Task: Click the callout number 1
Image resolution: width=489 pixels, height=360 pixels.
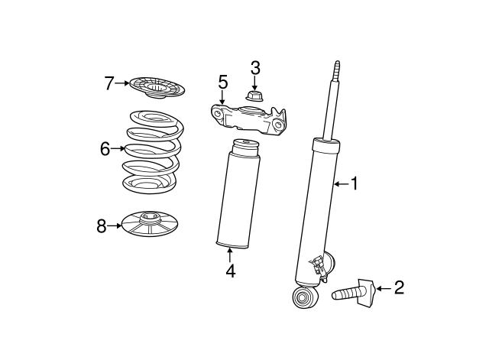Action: [354, 183]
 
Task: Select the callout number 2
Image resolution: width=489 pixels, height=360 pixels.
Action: [399, 287]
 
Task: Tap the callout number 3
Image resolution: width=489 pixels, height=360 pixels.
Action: [255, 68]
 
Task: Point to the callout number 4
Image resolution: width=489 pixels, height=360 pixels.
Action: [231, 271]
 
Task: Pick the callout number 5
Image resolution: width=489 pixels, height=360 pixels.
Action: [223, 82]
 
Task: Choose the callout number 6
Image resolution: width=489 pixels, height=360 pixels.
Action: [105, 149]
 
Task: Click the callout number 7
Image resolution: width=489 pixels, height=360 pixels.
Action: [108, 83]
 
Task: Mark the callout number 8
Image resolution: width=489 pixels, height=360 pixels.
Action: [102, 226]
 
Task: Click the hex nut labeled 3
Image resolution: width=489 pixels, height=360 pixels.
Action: [254, 96]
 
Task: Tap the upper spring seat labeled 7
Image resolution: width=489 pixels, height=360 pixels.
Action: [157, 88]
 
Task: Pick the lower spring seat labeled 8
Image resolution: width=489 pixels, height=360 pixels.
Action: [150, 224]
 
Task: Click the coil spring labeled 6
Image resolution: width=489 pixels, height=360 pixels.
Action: [153, 152]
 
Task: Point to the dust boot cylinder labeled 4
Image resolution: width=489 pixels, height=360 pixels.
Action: [238, 193]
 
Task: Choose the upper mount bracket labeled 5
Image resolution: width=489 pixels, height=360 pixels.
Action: [248, 120]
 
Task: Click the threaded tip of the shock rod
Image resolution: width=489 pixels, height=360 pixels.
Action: [337, 70]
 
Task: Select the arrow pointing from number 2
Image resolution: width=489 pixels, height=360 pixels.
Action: [384, 289]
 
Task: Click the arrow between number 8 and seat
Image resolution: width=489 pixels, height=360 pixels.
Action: [114, 225]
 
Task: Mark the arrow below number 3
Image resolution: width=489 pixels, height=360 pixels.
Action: [254, 83]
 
